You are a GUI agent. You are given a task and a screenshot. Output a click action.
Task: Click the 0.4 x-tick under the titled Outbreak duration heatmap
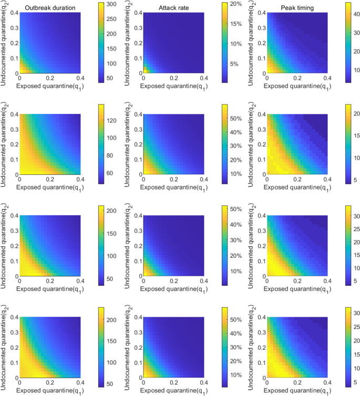click(x=81, y=78)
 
